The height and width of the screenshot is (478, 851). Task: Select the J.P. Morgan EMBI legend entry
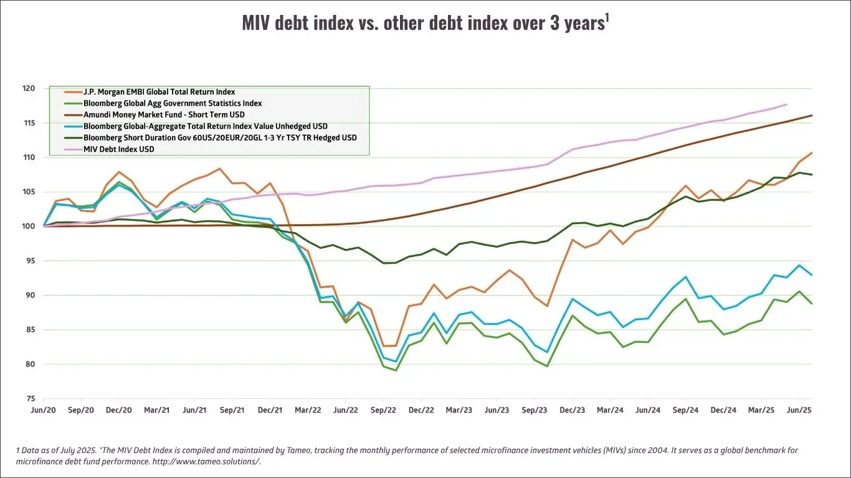pyautogui.click(x=159, y=92)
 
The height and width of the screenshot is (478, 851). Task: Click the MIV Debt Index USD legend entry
pyautogui.click(x=118, y=149)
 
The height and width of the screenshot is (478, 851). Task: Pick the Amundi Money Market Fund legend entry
pyautogui.click(x=164, y=115)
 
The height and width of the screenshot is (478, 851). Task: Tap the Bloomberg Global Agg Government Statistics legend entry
pyautogui.click(x=173, y=103)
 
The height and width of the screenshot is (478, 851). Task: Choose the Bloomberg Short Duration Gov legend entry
pyautogui.click(x=220, y=138)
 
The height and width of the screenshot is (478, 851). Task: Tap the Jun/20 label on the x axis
pyautogui.click(x=43, y=411)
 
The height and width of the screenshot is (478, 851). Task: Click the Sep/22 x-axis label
pyautogui.click(x=383, y=411)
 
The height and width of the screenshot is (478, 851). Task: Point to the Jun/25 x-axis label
pyautogui.click(x=799, y=411)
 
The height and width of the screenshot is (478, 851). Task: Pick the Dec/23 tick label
pyautogui.click(x=573, y=411)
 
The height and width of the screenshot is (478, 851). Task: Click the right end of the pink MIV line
pyautogui.click(x=787, y=105)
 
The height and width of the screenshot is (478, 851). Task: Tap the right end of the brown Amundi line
pyautogui.click(x=812, y=115)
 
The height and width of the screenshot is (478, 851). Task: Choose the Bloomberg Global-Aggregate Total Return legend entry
pyautogui.click(x=205, y=126)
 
